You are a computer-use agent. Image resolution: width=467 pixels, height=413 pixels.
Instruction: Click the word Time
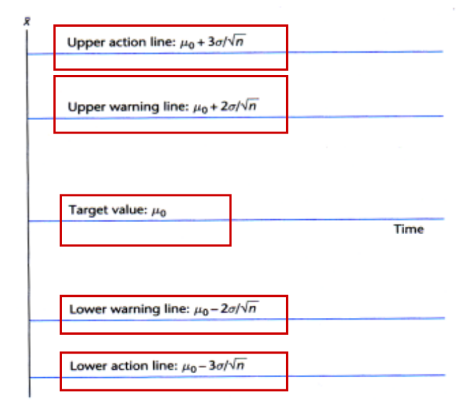408,229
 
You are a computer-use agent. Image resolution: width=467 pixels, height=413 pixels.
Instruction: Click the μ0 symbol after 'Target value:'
159,211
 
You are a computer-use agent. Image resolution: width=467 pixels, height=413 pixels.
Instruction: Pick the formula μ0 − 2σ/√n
223,309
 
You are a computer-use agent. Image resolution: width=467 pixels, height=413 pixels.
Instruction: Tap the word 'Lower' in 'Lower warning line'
84,309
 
